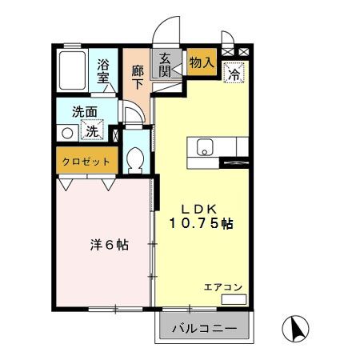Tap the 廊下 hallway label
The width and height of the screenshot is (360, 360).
[137, 74]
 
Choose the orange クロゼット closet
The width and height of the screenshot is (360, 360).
[86, 162]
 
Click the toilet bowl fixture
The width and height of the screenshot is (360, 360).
[134, 161]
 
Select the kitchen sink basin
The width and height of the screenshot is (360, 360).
[203, 147]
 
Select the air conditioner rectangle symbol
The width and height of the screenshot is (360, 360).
[233, 299]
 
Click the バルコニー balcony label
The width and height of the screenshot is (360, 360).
[205, 329]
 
